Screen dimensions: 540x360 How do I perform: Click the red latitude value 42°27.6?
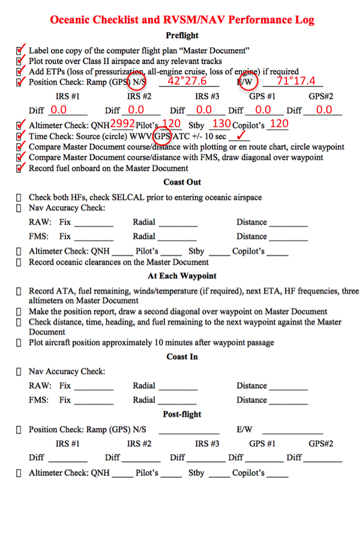click(188, 82)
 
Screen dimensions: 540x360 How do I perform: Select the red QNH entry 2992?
click(122, 124)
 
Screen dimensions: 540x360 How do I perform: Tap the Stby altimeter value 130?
click(221, 124)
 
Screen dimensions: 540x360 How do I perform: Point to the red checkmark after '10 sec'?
click(243, 136)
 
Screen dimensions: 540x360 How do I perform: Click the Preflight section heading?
click(182, 36)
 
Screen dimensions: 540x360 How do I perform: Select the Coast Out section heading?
click(182, 182)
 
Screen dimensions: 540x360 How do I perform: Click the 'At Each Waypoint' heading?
click(182, 276)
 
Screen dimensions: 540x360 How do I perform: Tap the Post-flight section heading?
click(182, 415)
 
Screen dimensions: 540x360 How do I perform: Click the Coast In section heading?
click(182, 357)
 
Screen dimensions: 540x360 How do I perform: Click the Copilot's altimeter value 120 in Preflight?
click(278, 124)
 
